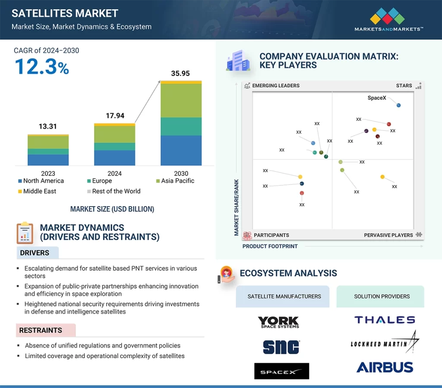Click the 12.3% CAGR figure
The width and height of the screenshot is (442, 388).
pyautogui.click(x=42, y=67)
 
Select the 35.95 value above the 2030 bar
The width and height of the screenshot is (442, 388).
pyautogui.click(x=180, y=73)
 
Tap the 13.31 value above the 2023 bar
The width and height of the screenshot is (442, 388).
pyautogui.click(x=47, y=127)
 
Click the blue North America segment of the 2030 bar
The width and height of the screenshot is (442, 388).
pyautogui.click(x=181, y=150)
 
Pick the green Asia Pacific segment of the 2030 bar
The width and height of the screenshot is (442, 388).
pyautogui.click(x=181, y=100)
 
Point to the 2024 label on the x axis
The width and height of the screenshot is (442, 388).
pyautogui.click(x=114, y=173)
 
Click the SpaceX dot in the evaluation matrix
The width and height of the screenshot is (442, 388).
pyautogui.click(x=398, y=105)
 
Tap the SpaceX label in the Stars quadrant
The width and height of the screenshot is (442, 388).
pyautogui.click(x=377, y=98)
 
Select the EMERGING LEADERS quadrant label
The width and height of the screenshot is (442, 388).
pyautogui.click(x=276, y=86)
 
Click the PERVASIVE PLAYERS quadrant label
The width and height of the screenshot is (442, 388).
pyautogui.click(x=388, y=235)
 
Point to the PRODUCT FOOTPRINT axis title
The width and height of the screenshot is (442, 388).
pyautogui.click(x=270, y=246)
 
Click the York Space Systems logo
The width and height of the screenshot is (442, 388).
pyautogui.click(x=278, y=322)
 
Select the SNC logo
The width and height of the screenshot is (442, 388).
pyautogui.click(x=281, y=347)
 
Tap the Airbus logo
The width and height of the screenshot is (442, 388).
pyautogui.click(x=385, y=367)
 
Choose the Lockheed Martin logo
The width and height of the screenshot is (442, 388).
pyautogui.click(x=385, y=343)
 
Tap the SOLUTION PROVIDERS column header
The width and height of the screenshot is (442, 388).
pyautogui.click(x=382, y=296)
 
